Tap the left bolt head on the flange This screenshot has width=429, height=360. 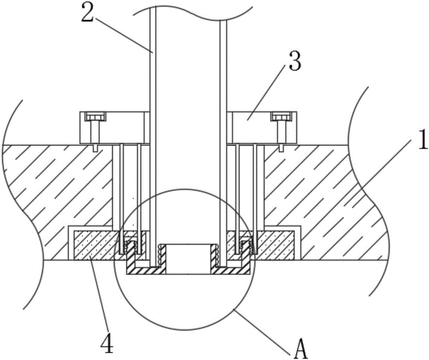[x=95, y=117]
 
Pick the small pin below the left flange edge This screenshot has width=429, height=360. [x=95, y=147]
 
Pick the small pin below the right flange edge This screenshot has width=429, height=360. [x=281, y=147]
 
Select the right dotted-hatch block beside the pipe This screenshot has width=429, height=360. [x=274, y=245]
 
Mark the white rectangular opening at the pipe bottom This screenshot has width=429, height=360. [x=188, y=258]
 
